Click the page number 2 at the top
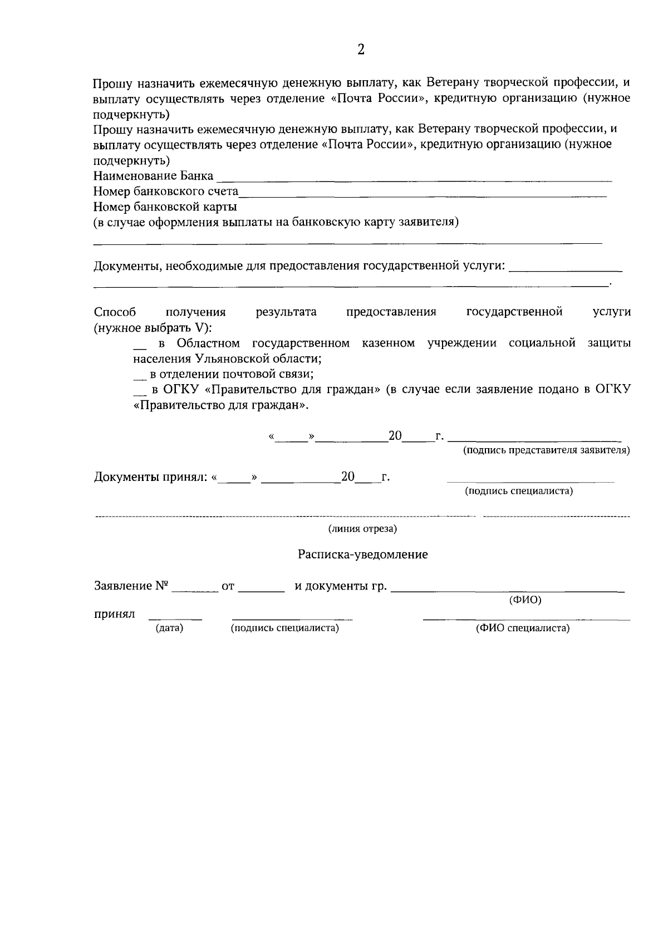tap(360, 50)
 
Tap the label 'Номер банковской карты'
tap(165, 207)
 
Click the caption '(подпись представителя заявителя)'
tap(547, 450)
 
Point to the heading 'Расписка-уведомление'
tap(362, 554)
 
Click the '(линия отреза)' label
tap(362, 529)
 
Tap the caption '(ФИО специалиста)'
tap(522, 628)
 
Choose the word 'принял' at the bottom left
tap(114, 615)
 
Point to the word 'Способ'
tap(115, 312)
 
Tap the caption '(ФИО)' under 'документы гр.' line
tap(525, 600)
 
